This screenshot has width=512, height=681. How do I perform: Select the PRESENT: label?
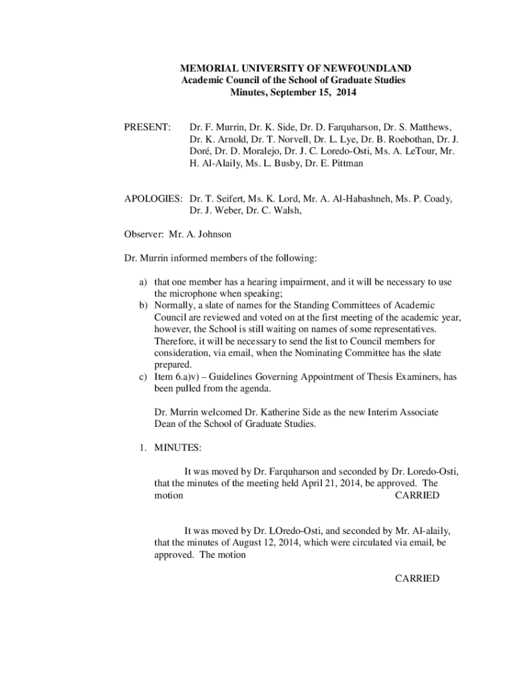pyautogui.click(x=148, y=127)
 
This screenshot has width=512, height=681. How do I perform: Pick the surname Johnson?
pyautogui.click(x=213, y=235)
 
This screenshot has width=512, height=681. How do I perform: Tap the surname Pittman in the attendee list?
pyautogui.click(x=346, y=163)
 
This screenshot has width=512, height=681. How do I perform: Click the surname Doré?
pyautogui.click(x=201, y=151)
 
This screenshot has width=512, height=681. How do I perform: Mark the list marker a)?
pyautogui.click(x=143, y=282)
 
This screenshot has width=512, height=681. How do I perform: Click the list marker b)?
pyautogui.click(x=143, y=305)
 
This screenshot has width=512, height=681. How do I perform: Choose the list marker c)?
pyautogui.click(x=143, y=377)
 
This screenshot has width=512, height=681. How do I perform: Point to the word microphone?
pyautogui.click(x=196, y=293)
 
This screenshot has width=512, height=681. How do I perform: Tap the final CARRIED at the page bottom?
pyautogui.click(x=417, y=579)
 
